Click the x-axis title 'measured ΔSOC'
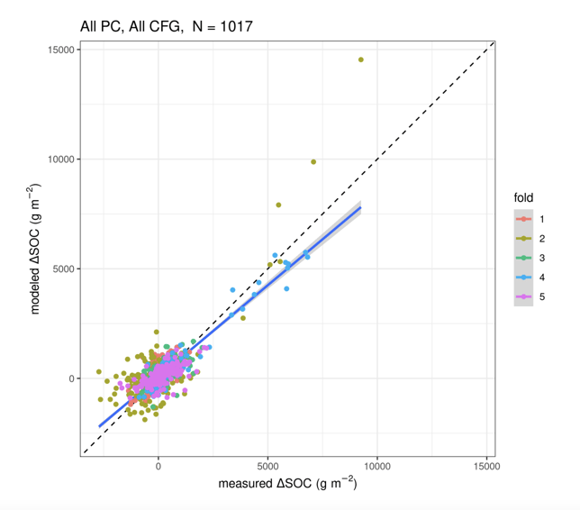tap(287, 485)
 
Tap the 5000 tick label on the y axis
tap(62, 269)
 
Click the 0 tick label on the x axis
tap(159, 466)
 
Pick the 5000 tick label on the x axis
tap(268, 466)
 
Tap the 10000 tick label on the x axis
tap(377, 466)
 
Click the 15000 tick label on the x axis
tap(486, 466)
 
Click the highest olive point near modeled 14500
tap(361, 59)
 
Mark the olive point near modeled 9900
tap(313, 162)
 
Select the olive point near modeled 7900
tap(278, 205)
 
